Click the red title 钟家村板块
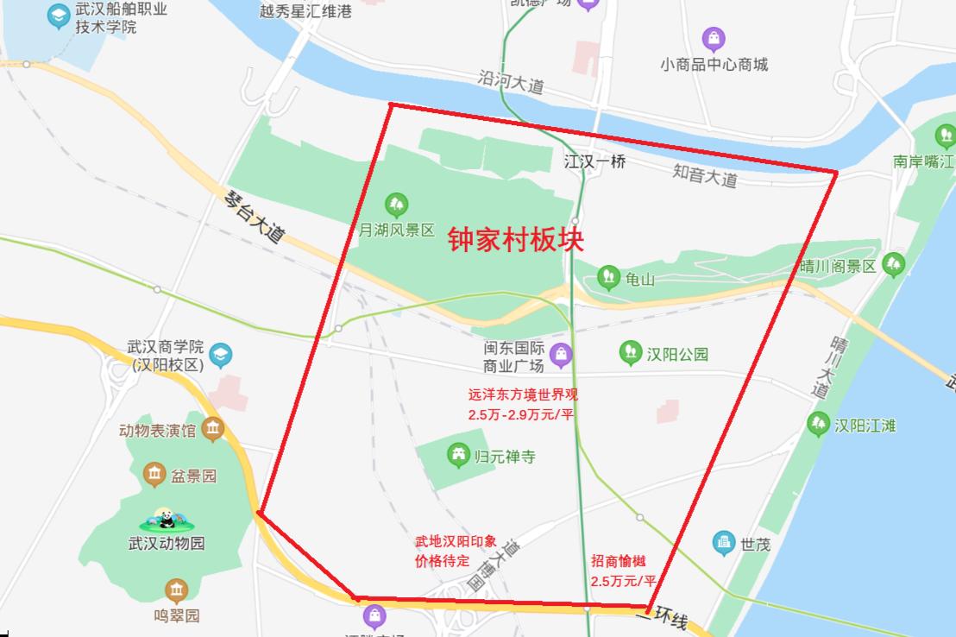[x=515, y=239]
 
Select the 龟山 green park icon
[x=609, y=277]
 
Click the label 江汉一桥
[x=594, y=161]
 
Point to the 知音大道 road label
[x=705, y=175]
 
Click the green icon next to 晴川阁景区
[x=894, y=265]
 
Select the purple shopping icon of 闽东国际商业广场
[x=562, y=354]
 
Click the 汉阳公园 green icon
[x=631, y=352]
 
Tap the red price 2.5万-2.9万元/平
[x=521, y=415]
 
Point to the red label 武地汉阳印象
[x=456, y=542]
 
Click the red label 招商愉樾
[x=618, y=561]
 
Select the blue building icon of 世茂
[x=723, y=543]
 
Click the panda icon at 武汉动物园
[x=167, y=520]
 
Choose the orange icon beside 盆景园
[x=154, y=474]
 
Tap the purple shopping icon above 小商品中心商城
[x=713, y=39]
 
